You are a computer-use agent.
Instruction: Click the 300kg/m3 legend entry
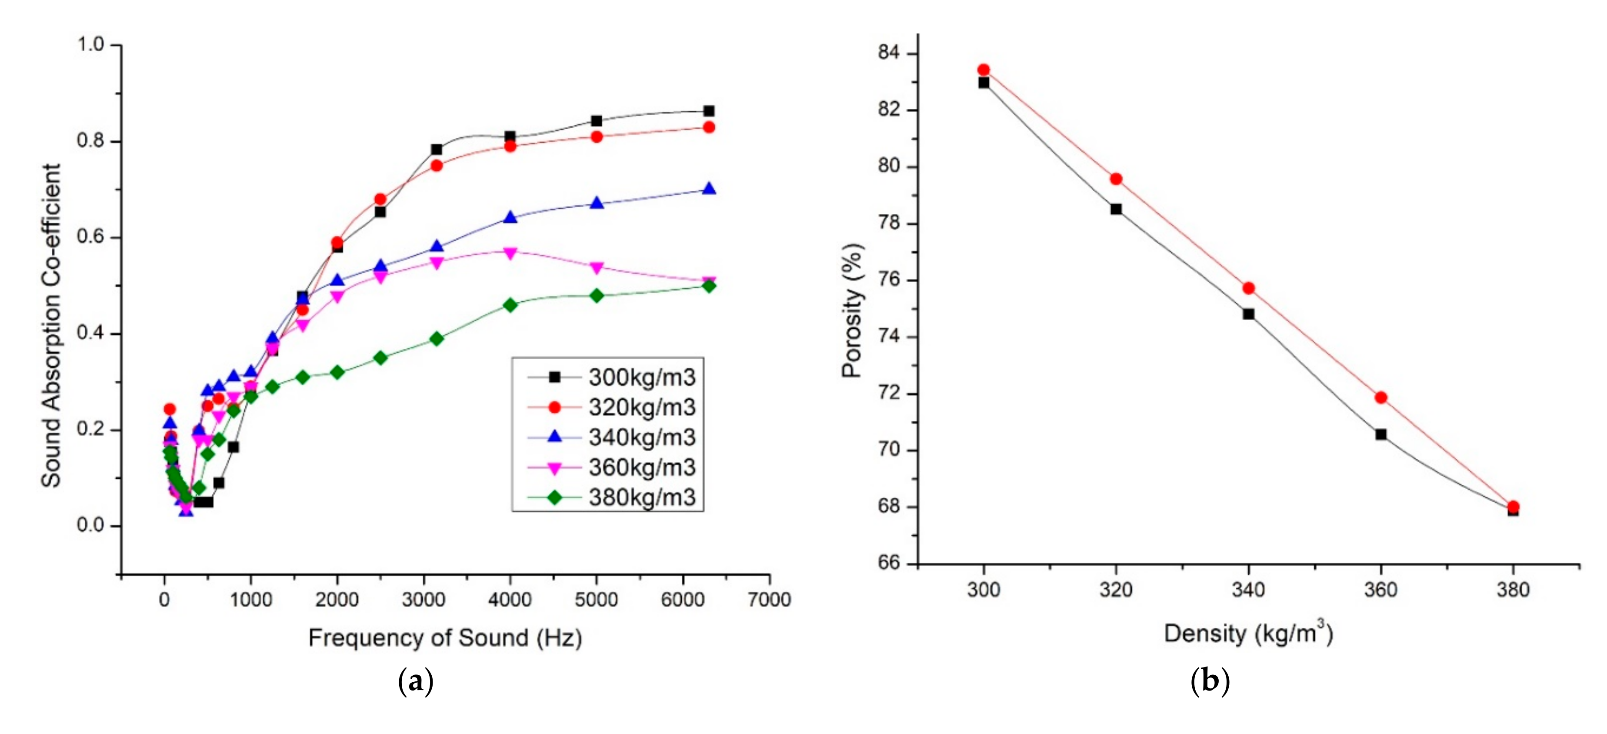point(641,377)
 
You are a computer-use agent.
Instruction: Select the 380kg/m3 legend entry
point(641,497)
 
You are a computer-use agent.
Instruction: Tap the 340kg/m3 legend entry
point(641,437)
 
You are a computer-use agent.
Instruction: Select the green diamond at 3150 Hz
point(437,338)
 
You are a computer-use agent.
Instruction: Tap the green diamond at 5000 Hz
point(597,295)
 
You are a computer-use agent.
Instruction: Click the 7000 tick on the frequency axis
point(769,600)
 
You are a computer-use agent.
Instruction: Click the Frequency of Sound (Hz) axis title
point(445,638)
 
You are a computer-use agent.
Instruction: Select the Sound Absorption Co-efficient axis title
point(51,324)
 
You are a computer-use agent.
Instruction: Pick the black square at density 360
point(1380,434)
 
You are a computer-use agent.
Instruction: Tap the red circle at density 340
point(1248,288)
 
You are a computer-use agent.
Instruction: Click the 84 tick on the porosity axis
point(889,53)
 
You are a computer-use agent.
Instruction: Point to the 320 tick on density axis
point(1116,589)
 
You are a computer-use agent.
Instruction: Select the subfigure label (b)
point(1210,681)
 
